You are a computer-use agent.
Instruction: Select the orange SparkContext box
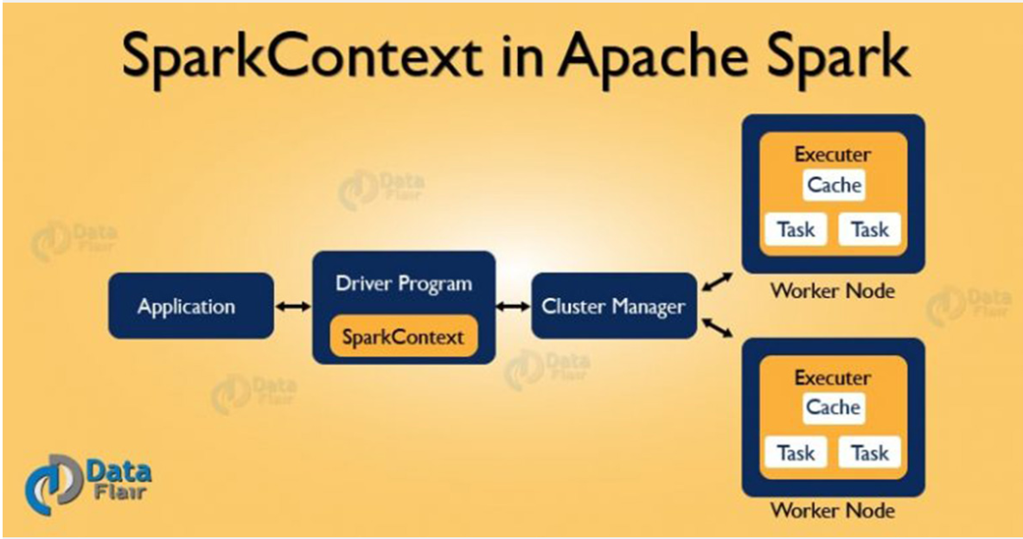tap(403, 337)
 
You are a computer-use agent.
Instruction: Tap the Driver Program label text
tap(403, 284)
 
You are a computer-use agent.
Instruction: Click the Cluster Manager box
tap(613, 306)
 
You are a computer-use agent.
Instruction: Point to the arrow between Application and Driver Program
tap(292, 306)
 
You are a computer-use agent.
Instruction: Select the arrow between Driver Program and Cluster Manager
tap(513, 306)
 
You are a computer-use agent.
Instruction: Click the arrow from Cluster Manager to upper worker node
tap(717, 282)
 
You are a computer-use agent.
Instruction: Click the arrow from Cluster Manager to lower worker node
tap(717, 328)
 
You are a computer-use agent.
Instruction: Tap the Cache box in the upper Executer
tap(834, 185)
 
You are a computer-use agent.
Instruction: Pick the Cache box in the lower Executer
tap(834, 407)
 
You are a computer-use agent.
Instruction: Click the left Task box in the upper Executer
tap(795, 230)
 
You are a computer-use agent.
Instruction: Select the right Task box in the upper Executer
tap(869, 230)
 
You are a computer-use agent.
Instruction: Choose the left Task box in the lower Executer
tap(795, 453)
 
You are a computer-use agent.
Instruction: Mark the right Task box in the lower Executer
tap(869, 453)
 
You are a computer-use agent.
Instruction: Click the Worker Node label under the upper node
tap(832, 290)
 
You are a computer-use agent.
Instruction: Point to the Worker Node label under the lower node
tap(832, 510)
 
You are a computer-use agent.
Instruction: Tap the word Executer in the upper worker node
tap(832, 155)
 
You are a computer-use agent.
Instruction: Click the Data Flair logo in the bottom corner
tap(89, 481)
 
